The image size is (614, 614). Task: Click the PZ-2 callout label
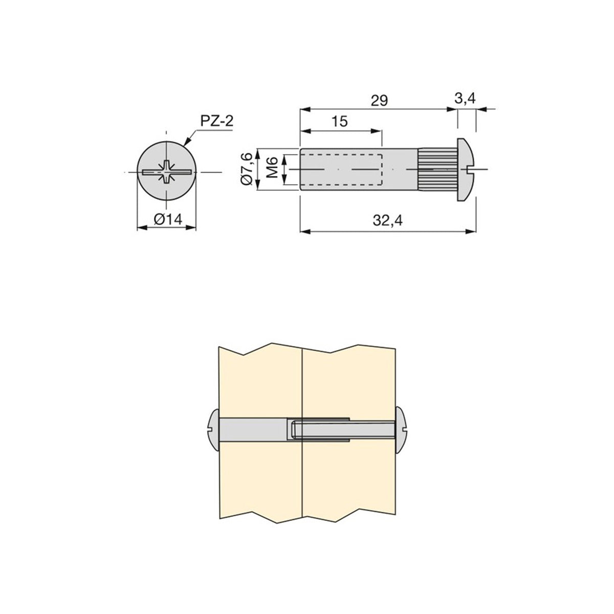coord(216,121)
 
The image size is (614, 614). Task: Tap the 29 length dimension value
coord(379,100)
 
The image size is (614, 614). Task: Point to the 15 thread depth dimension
coord(340,121)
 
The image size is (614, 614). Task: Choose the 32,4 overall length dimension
coord(388,221)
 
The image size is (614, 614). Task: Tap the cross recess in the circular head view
coord(167,172)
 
